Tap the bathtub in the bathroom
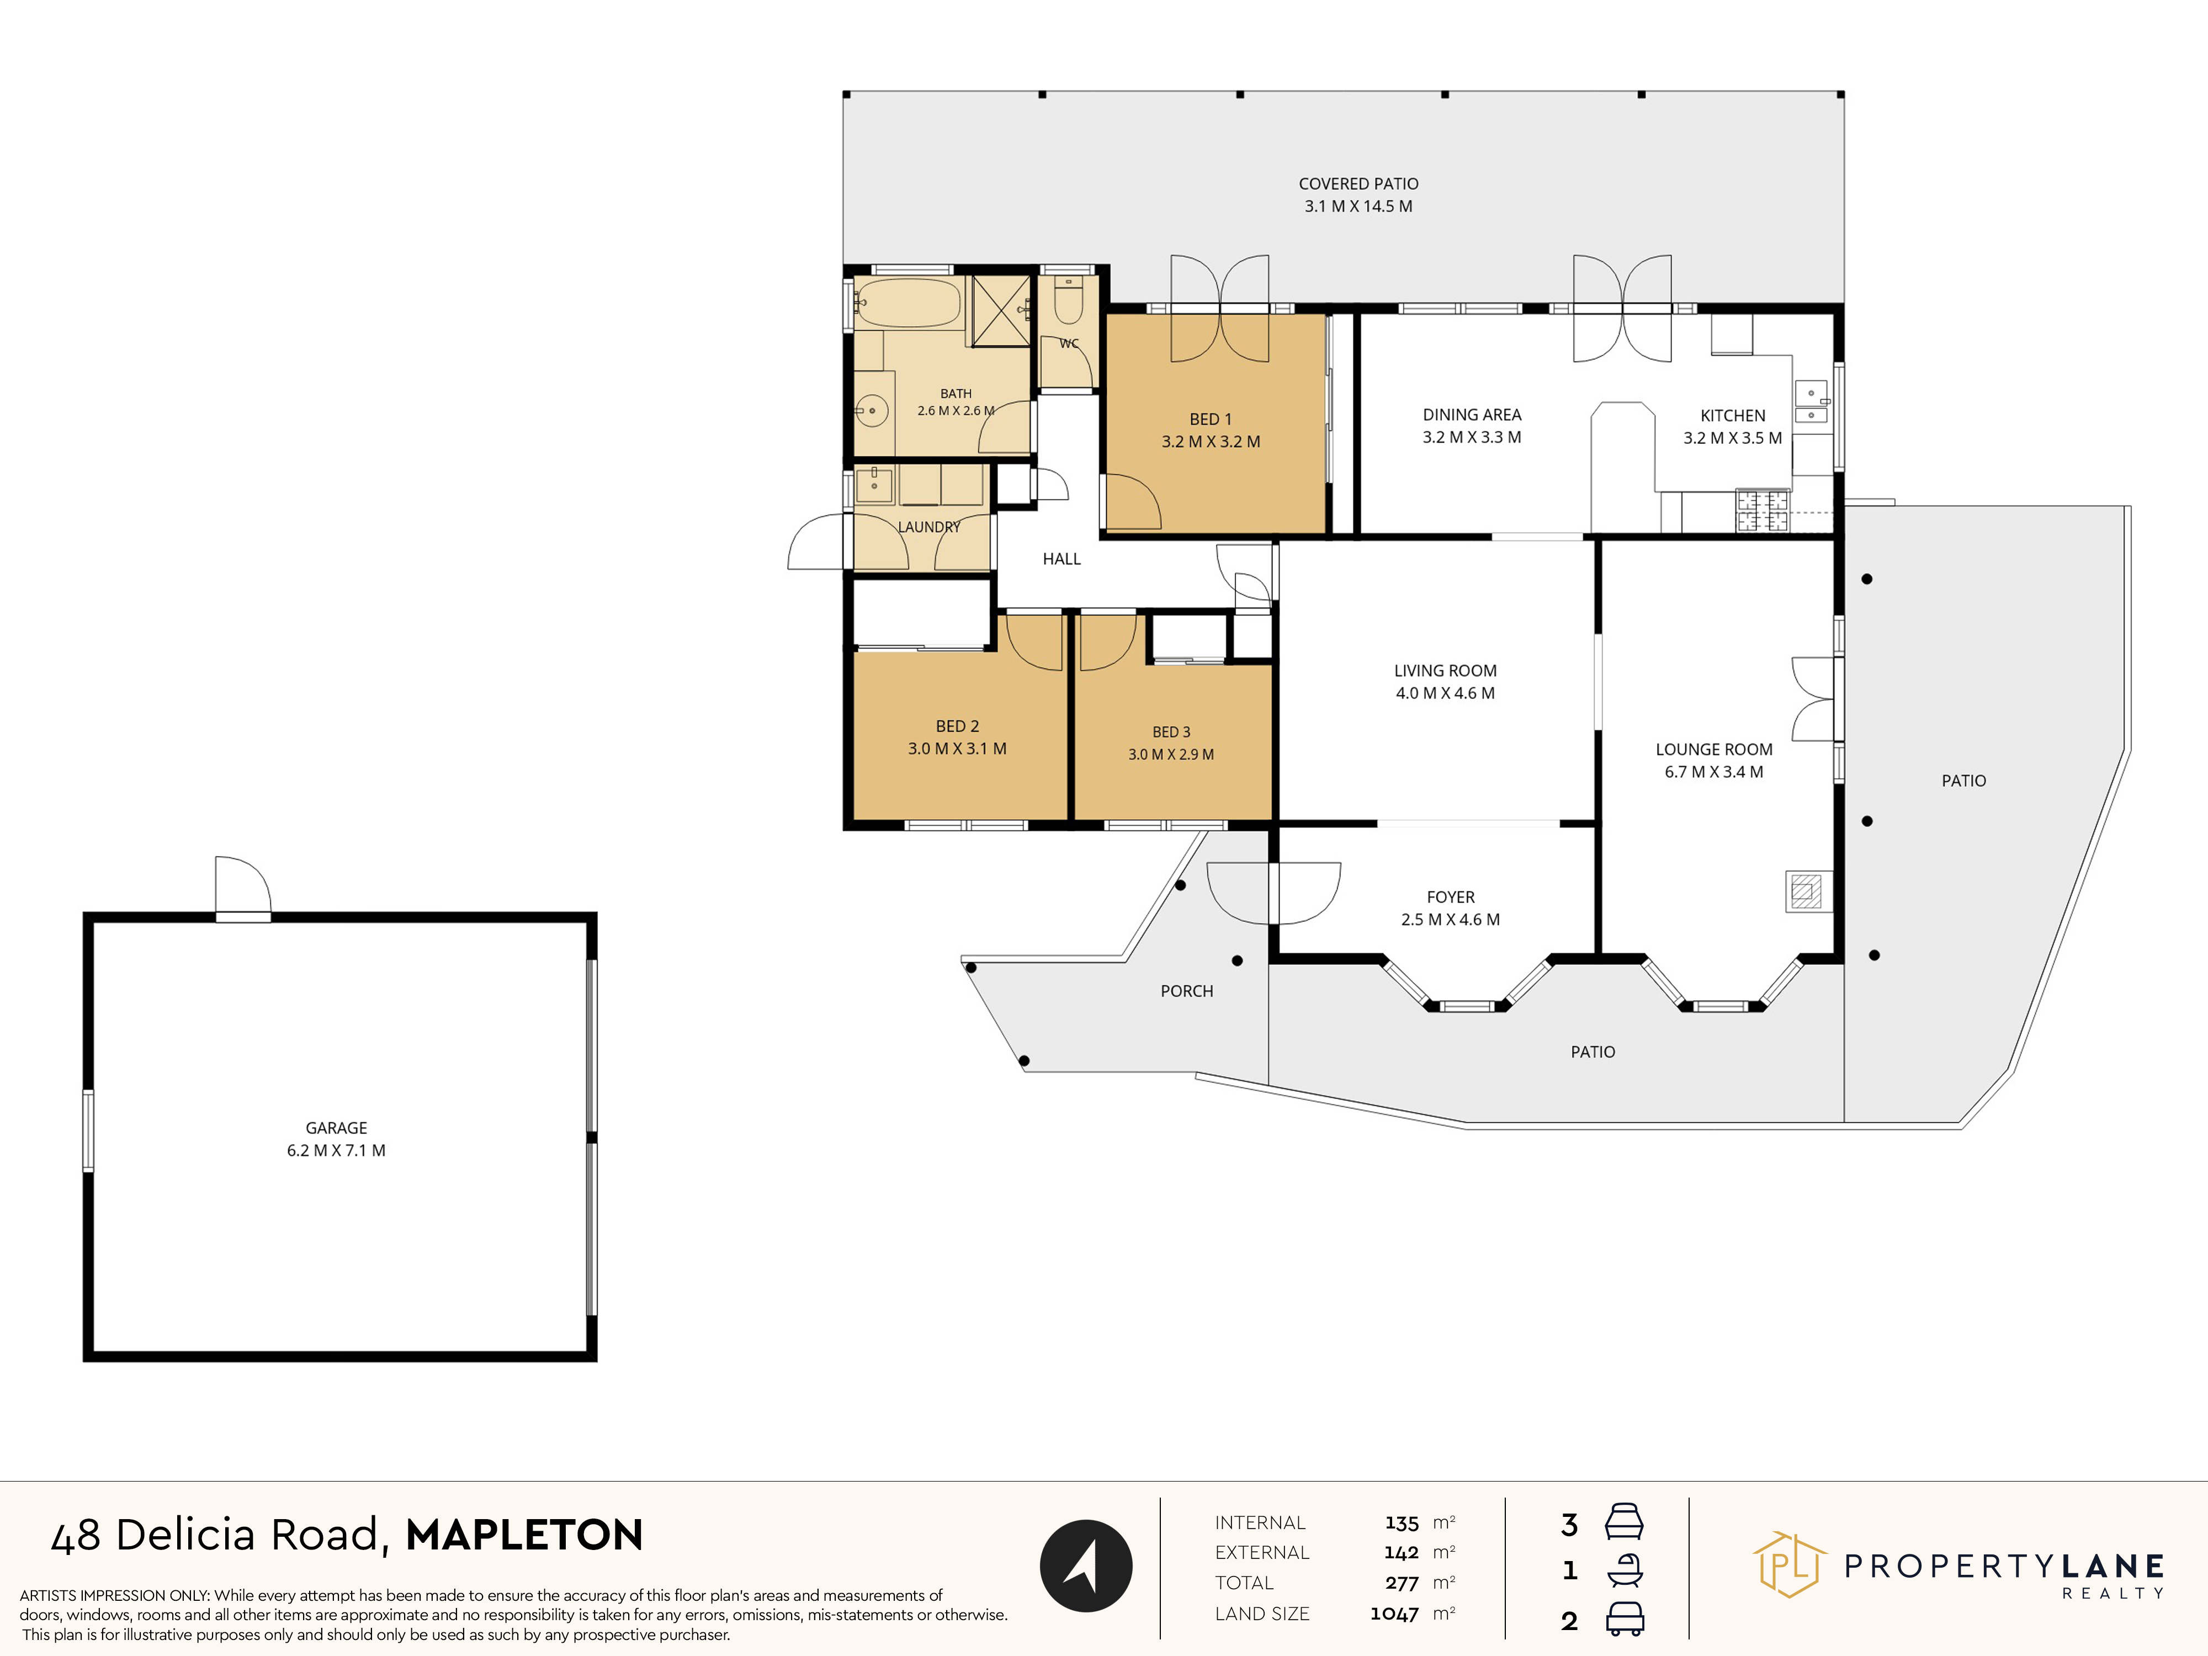[x=909, y=304]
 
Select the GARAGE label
[x=336, y=1128]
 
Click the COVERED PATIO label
[x=1358, y=184]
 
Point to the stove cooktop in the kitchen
[x=1762, y=510]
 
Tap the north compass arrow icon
[x=1086, y=1565]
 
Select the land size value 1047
[x=1394, y=1614]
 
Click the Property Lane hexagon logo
[x=1790, y=1564]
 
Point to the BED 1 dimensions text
[x=1211, y=441]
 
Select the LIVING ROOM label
[x=1445, y=671]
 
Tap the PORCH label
[x=1187, y=991]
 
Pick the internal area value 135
[x=1402, y=1523]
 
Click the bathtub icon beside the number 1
[x=1625, y=1570]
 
